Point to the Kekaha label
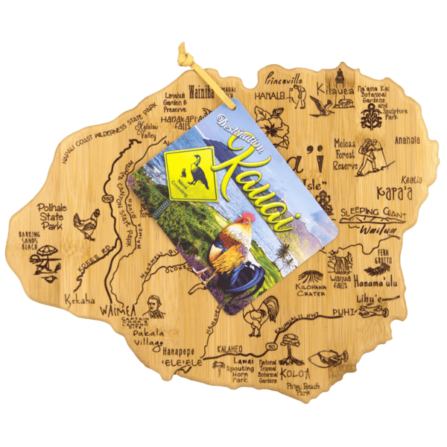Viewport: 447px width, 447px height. point(81,299)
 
